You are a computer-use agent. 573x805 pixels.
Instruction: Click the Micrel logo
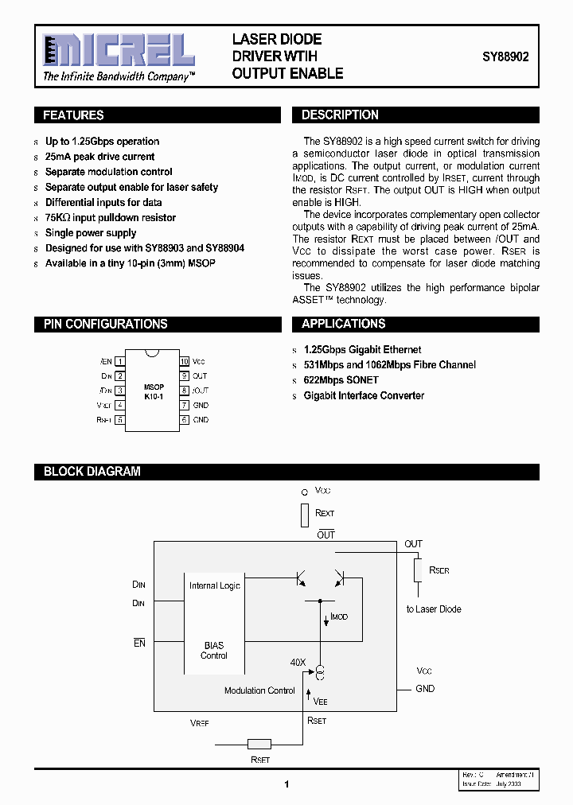119,52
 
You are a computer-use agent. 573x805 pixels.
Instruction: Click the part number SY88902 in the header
505,57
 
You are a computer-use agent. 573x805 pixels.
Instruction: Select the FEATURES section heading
73,115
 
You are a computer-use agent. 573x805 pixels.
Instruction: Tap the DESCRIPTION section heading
340,115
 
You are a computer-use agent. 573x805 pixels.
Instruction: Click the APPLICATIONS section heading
344,324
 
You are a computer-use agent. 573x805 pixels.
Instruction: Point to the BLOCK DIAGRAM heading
92,471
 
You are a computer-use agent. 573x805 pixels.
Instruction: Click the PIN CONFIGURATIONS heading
105,324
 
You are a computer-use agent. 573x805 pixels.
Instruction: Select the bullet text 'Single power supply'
91,233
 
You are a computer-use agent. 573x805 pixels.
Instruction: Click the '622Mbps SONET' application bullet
341,380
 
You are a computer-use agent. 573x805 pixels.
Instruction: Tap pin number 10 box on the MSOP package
184,360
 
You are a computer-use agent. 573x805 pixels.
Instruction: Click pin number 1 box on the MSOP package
120,360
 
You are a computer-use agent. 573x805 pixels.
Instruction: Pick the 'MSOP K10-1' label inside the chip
154,391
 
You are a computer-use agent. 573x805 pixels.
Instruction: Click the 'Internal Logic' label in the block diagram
215,585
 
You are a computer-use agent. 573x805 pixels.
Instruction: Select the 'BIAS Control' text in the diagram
214,651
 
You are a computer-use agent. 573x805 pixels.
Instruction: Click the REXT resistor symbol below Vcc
304,515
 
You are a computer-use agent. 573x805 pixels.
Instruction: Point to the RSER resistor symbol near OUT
417,570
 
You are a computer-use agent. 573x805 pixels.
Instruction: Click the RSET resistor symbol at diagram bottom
259,745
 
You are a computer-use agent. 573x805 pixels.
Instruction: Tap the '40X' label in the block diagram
298,662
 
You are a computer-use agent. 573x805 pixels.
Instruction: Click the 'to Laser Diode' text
434,609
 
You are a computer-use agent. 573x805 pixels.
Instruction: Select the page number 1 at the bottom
286,784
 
